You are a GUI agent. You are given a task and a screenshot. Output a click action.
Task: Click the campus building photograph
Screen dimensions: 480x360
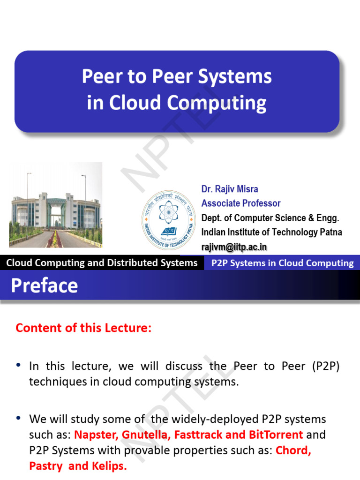pos(56,205)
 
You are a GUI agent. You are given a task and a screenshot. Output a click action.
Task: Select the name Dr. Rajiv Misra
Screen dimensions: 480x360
pos(230,189)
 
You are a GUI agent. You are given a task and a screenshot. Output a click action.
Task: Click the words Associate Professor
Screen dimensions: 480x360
pos(241,203)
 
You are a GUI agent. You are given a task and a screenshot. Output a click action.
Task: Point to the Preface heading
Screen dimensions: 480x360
pos(45,285)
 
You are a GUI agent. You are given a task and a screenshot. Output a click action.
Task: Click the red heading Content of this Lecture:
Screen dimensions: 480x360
pos(83,328)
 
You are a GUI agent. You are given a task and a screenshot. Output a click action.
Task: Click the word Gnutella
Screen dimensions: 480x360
pos(146,435)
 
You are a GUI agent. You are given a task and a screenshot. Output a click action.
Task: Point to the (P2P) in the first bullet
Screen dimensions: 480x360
pos(324,366)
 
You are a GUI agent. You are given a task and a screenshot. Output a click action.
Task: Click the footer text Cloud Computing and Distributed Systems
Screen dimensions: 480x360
pos(102,263)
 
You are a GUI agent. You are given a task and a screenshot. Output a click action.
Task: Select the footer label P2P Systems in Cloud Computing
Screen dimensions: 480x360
pos(283,263)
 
